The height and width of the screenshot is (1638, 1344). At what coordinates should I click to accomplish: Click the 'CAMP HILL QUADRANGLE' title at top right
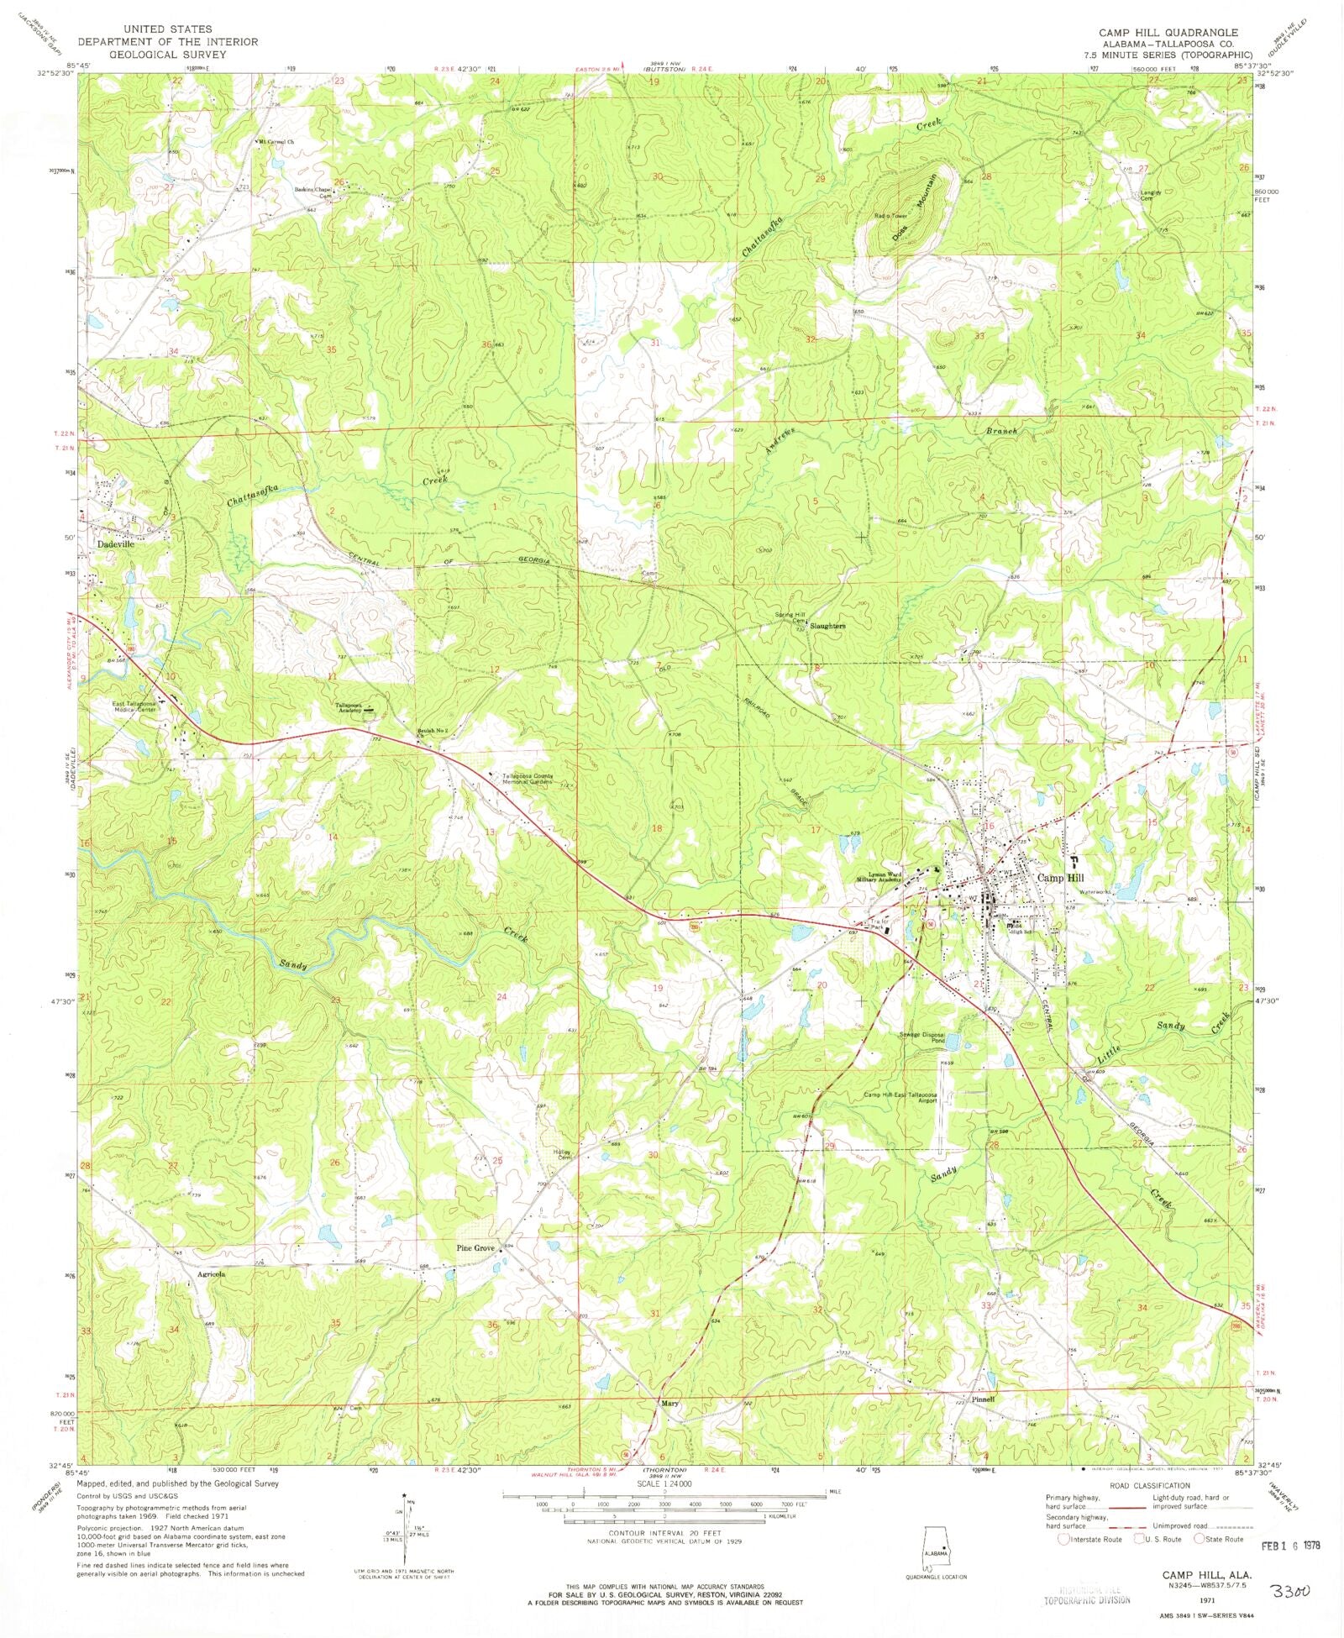tap(1168, 32)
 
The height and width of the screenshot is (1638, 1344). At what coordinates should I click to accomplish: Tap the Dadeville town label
tap(115, 543)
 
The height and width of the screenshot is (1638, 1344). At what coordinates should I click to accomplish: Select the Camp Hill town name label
tap(1061, 878)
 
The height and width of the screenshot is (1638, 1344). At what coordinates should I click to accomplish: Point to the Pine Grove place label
tap(475, 1248)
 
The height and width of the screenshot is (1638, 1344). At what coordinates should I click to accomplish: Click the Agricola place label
tap(211, 1273)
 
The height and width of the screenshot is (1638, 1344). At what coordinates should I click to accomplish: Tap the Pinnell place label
tap(982, 1399)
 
